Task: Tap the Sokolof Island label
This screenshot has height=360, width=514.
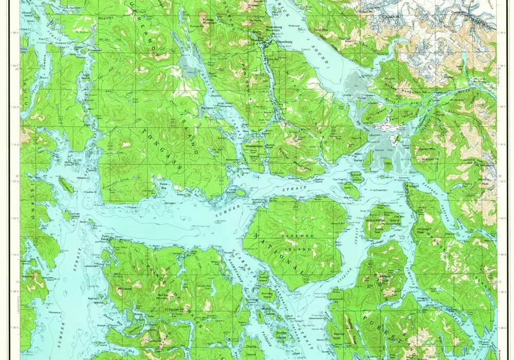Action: click(x=356, y=175)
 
